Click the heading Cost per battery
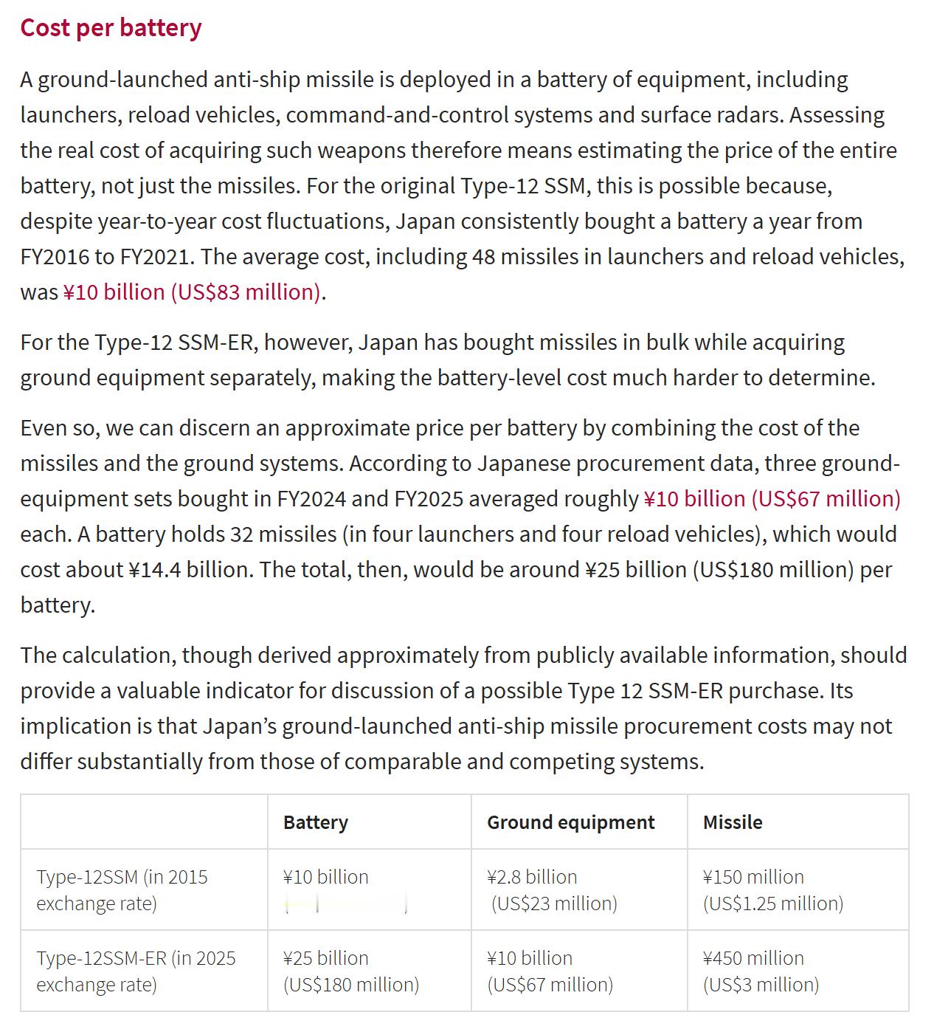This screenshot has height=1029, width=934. (111, 27)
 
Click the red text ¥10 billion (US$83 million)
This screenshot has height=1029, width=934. (192, 292)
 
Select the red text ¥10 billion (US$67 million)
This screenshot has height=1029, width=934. (772, 498)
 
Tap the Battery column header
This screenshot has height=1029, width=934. (315, 822)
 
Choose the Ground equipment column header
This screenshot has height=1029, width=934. (570, 822)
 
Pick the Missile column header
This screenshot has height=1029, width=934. (732, 822)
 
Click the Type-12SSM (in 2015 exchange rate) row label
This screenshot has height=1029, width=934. (122, 889)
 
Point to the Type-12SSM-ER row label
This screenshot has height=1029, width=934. (136, 971)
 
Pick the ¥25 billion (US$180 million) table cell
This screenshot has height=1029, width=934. (350, 971)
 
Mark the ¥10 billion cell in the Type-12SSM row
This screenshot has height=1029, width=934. (325, 877)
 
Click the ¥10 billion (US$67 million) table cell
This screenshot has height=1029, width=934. (550, 971)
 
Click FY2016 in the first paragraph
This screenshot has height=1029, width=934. (55, 256)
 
